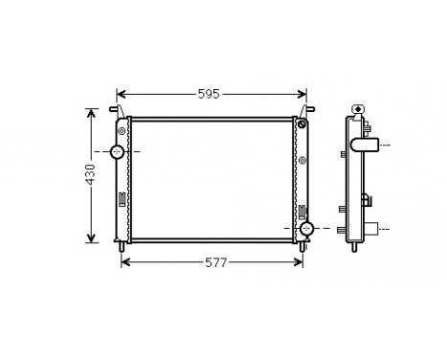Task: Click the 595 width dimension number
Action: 210,94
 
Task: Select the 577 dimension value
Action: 214,262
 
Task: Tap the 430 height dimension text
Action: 91,175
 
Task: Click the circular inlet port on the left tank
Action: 118,152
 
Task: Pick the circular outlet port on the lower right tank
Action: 307,230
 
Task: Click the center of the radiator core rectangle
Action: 212,179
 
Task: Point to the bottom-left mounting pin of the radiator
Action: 123,248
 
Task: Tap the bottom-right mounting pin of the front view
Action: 302,248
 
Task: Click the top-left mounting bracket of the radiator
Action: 122,113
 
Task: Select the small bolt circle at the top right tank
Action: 302,125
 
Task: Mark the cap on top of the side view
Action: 359,109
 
